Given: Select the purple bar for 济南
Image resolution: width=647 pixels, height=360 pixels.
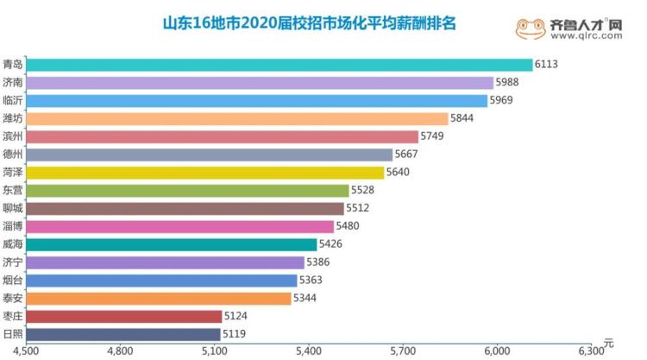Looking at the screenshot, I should pyautogui.click(x=260, y=83).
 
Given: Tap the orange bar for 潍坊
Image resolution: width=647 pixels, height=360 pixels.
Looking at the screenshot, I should pyautogui.click(x=237, y=118).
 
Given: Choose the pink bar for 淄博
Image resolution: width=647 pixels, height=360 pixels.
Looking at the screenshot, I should pyautogui.click(x=180, y=226).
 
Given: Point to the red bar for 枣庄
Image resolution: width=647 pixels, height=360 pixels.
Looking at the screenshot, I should pyautogui.click(x=124, y=316).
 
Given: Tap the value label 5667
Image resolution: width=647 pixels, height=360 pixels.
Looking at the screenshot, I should pyautogui.click(x=406, y=155).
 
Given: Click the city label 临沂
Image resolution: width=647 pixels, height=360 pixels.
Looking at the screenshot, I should pyautogui.click(x=13, y=100).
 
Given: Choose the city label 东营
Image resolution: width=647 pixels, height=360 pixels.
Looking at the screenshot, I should pyautogui.click(x=13, y=191).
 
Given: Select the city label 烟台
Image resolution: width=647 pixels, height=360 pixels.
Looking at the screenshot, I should pyautogui.click(x=13, y=281).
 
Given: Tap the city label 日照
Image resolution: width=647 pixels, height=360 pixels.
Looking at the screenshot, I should pyautogui.click(x=13, y=334).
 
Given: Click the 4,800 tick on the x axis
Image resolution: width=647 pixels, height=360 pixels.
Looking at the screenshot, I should pyautogui.click(x=120, y=351).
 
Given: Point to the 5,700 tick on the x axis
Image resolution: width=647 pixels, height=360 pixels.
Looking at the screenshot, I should pyautogui.click(x=403, y=351).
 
